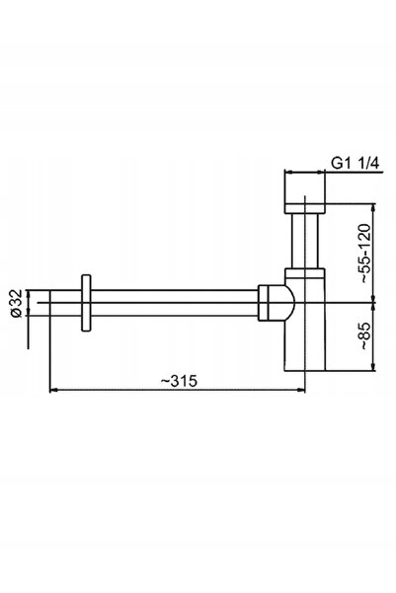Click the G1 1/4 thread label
tap(355, 164)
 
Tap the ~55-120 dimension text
tap(364, 253)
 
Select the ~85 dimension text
tap(364, 335)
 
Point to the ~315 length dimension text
tap(179, 381)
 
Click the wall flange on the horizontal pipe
tap(86, 303)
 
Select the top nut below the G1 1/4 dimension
tap(305, 209)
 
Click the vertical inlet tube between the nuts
tap(305, 241)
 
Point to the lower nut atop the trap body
tap(305, 273)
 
